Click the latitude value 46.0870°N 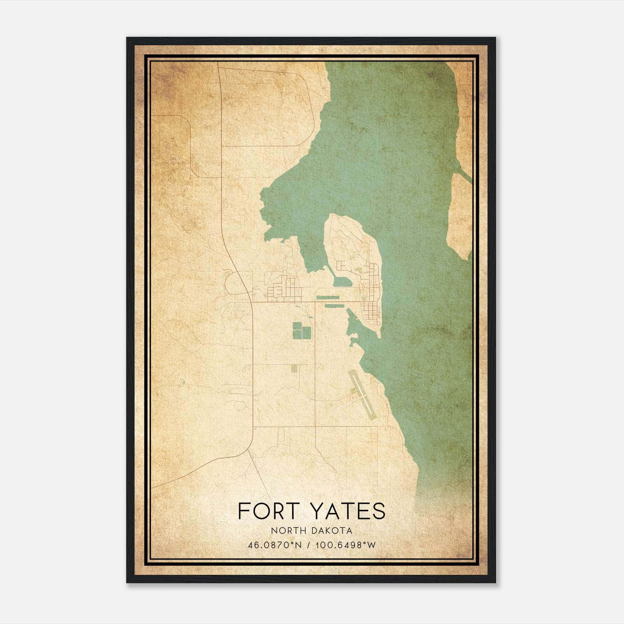(275, 545)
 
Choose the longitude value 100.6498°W (343, 545)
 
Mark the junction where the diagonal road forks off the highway (248, 450)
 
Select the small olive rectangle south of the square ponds (294, 368)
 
